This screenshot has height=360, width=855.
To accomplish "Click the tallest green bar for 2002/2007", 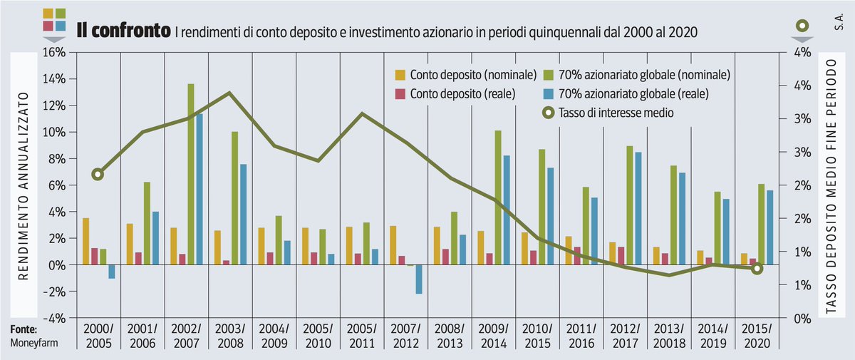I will click(x=190, y=175).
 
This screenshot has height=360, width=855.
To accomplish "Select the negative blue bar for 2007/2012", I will click(x=419, y=279).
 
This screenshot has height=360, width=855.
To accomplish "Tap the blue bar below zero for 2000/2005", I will click(x=112, y=272).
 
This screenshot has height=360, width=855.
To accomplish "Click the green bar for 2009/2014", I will click(x=498, y=197).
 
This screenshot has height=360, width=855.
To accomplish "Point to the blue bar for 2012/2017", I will click(x=638, y=208).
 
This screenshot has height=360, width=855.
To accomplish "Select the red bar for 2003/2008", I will click(x=226, y=262).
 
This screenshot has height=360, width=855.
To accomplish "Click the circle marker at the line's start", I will click(x=98, y=174).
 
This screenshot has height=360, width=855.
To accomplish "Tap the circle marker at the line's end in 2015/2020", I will click(x=757, y=268).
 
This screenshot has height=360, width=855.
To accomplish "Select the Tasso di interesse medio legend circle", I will click(x=549, y=112).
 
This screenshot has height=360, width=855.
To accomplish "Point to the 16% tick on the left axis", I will click(x=56, y=52).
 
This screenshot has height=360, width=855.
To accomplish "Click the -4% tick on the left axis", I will click(x=56, y=318).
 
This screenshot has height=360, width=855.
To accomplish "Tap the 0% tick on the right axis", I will click(x=802, y=318).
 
